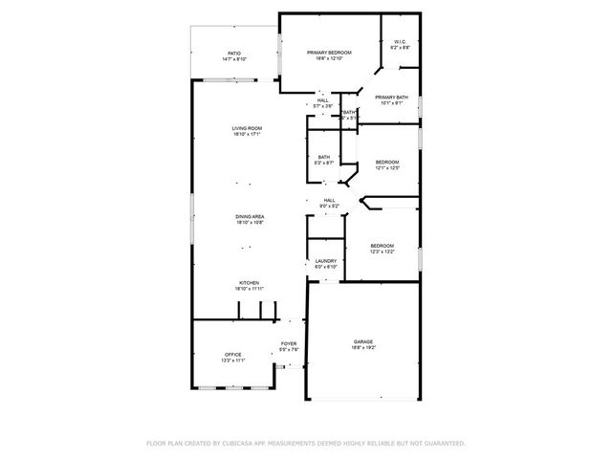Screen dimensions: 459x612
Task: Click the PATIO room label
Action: pyautogui.click(x=234, y=54)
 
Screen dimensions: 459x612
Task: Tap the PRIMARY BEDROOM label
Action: pyautogui.click(x=329, y=53)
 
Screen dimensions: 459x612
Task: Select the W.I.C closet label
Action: pyautogui.click(x=401, y=42)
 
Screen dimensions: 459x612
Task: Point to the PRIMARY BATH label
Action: pyautogui.click(x=392, y=97)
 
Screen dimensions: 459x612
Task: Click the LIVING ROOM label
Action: pyautogui.click(x=247, y=128)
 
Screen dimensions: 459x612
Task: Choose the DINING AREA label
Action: pyautogui.click(x=250, y=217)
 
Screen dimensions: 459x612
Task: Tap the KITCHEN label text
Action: pyautogui.click(x=249, y=282)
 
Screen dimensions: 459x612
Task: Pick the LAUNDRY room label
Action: pyautogui.click(x=325, y=261)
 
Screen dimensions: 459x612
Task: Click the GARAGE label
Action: pyautogui.click(x=363, y=341)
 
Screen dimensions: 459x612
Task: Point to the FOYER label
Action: pyautogui.click(x=288, y=343)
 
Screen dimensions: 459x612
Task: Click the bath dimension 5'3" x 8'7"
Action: pyautogui.click(x=325, y=164)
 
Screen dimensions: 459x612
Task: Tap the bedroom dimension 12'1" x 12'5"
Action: pyautogui.click(x=386, y=168)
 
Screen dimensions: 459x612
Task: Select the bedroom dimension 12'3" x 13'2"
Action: pyautogui.click(x=382, y=252)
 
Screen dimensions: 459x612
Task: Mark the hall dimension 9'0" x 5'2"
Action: pyautogui.click(x=328, y=206)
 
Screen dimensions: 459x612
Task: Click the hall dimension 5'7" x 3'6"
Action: pyautogui.click(x=323, y=106)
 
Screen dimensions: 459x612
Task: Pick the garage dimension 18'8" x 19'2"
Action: pyautogui.click(x=363, y=348)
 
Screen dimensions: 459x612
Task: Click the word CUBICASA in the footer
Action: pyautogui.click(x=243, y=443)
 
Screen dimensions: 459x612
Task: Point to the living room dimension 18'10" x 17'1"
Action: pyautogui.click(x=247, y=135)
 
